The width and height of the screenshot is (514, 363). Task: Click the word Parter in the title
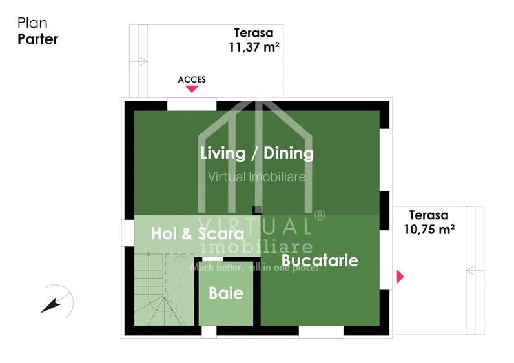(37, 39)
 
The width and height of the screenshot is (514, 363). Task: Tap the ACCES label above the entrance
(192, 80)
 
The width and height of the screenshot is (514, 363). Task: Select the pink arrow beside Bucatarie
(400, 277)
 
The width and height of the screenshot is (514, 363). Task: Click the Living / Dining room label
(257, 153)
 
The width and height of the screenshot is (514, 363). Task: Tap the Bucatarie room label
(320, 260)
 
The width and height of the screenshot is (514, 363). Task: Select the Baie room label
(226, 293)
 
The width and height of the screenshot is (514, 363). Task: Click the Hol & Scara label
(198, 234)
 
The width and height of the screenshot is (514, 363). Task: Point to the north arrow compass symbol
(57, 300)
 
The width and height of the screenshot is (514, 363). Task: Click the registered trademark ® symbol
(319, 215)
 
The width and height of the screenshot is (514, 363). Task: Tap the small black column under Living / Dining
(257, 210)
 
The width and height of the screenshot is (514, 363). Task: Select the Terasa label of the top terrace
(253, 33)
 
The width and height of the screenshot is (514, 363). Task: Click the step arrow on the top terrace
(139, 62)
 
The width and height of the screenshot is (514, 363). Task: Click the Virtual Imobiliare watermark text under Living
(256, 177)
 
